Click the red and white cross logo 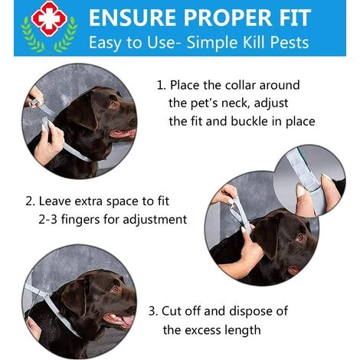point(49,18)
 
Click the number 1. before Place point(162,85)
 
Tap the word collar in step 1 point(241,85)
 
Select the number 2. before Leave point(30,201)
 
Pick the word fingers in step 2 point(80,220)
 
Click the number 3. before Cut point(153,311)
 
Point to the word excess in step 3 point(202,330)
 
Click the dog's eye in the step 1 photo point(113,104)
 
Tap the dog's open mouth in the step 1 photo point(123,133)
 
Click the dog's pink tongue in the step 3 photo point(127,321)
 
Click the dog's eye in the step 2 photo point(300,237)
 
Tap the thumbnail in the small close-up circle point(300,191)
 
